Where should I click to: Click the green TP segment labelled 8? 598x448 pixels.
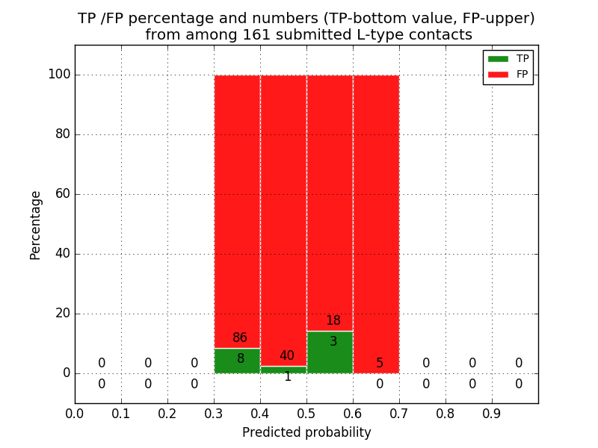pyautogui.click(x=237, y=361)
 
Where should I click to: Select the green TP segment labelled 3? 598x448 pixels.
pyautogui.click(x=330, y=352)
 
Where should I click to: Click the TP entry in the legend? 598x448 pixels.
pyautogui.click(x=508, y=58)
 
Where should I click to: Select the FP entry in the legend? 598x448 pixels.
pyautogui.click(x=508, y=74)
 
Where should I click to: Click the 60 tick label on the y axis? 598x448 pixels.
pyautogui.click(x=63, y=194)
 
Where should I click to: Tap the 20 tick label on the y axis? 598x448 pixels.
pyautogui.click(x=63, y=314)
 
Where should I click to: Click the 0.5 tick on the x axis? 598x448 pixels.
pyautogui.click(x=306, y=413)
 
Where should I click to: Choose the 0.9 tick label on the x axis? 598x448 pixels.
pyautogui.click(x=492, y=413)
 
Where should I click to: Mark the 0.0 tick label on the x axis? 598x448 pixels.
pyautogui.click(x=75, y=413)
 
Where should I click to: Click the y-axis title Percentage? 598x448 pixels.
pyautogui.click(x=36, y=225)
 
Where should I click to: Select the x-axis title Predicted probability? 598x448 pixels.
pyautogui.click(x=306, y=432)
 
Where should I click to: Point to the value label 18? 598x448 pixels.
pyautogui.click(x=333, y=321)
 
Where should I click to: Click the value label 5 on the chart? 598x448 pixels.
pyautogui.click(x=380, y=364)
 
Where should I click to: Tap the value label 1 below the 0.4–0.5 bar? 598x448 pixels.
pyautogui.click(x=287, y=377)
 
